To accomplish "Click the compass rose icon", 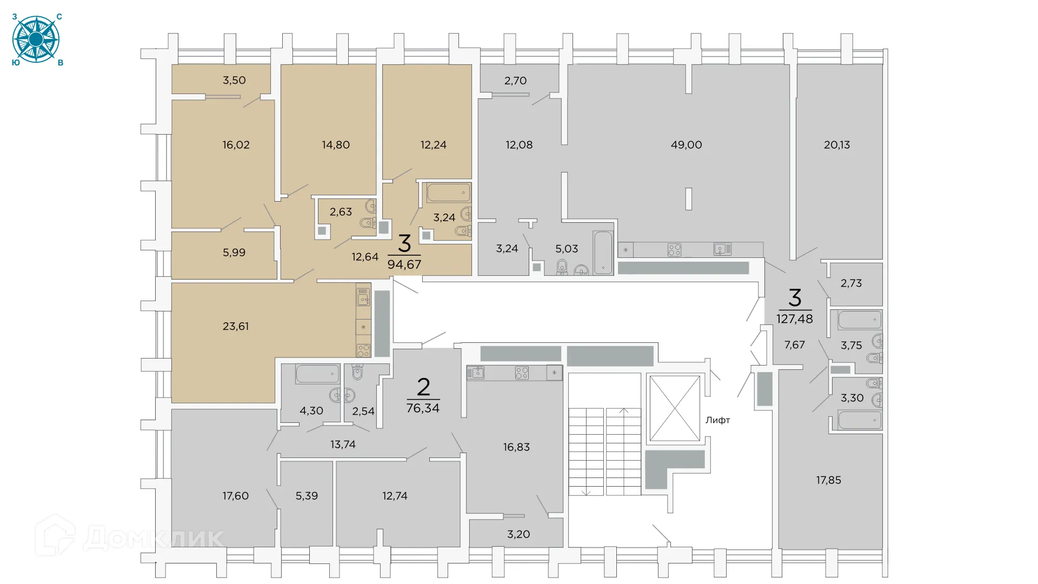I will (36, 39).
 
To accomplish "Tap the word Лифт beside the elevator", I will (717, 420).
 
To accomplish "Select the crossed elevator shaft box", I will (674, 408).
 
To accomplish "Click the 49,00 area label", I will (686, 145).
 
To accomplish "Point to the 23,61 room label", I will (236, 326).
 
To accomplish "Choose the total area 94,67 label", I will (404, 264).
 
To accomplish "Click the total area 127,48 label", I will (794, 319).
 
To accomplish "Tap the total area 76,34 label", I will (423, 408).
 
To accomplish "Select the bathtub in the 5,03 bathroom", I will (603, 253).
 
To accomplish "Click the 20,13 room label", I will (836, 145).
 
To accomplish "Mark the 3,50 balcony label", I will (234, 81).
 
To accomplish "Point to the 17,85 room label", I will (828, 480).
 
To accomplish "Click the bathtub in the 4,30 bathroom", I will (317, 374).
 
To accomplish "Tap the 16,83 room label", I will (516, 447).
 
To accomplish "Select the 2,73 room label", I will (851, 283).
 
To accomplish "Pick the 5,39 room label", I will (307, 496).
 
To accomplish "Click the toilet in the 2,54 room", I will (357, 372).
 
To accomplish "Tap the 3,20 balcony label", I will (518, 534).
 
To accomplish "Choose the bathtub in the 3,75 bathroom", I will (860, 320).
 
